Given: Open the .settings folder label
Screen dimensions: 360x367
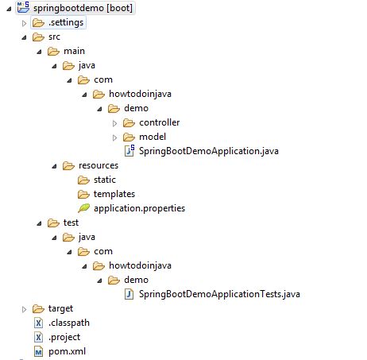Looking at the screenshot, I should coord(66,22).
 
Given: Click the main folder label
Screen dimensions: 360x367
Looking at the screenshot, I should coord(74,51).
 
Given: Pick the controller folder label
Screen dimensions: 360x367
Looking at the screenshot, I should coord(159,122).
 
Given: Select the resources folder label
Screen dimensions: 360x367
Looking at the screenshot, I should coord(99,165).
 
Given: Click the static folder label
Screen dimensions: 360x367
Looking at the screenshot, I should coord(105,180).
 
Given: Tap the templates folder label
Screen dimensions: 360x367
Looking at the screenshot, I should coord(114,194).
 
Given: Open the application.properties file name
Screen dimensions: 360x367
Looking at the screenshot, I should coord(139,208).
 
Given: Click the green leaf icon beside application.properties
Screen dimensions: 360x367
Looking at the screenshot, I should coord(83,208).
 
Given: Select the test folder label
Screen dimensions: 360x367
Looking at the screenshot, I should coord(71,223).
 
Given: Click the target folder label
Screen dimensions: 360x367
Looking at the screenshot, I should coord(61,308).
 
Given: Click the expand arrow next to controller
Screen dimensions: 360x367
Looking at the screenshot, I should coord(114,122).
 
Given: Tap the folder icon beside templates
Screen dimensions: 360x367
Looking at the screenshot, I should coord(83,194).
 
